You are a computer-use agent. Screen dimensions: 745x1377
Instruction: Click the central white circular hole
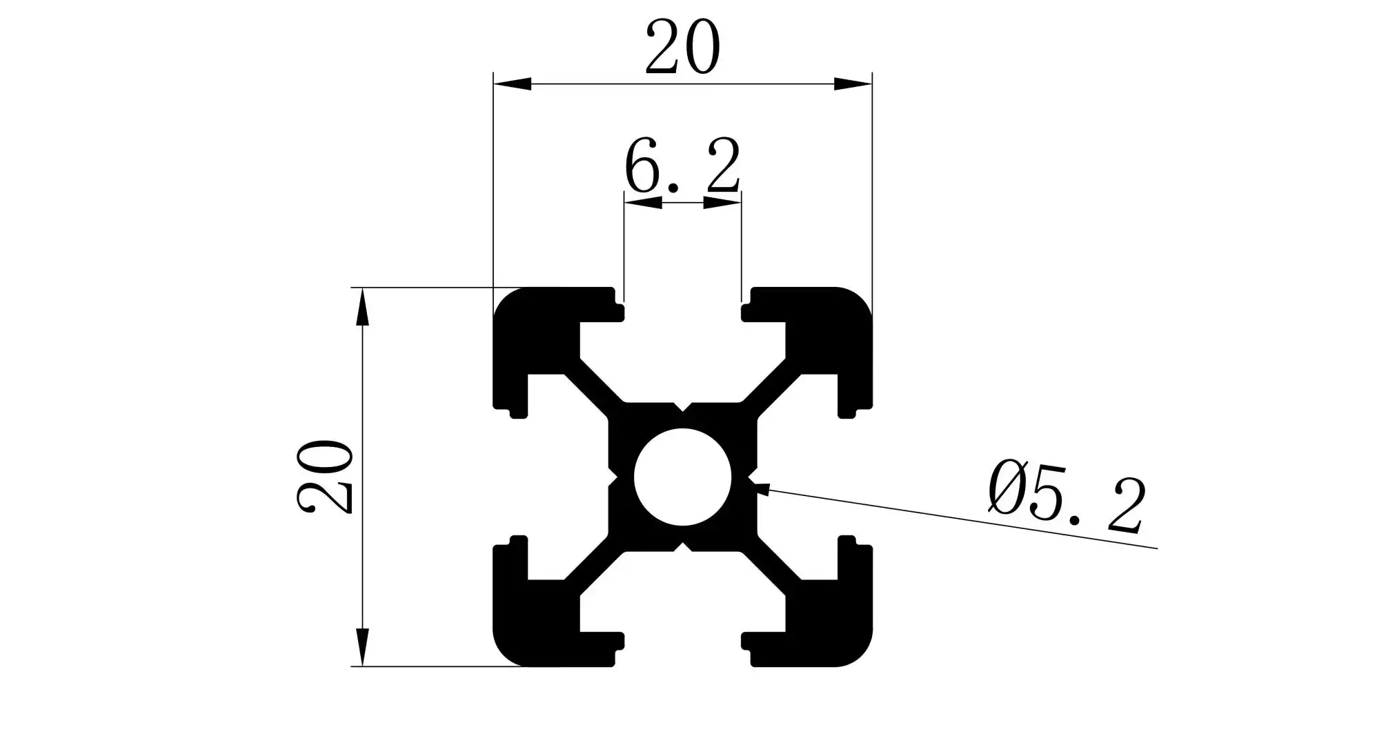tap(682, 477)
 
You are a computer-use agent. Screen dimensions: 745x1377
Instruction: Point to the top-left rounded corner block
tap(535, 328)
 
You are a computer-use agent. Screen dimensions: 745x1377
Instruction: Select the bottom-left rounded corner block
tap(535, 625)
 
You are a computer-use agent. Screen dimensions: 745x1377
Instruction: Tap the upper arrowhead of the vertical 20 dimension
tap(362, 307)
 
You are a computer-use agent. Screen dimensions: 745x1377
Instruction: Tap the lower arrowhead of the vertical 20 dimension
tap(362, 646)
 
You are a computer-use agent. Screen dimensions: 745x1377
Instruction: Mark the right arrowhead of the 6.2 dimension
tap(722, 203)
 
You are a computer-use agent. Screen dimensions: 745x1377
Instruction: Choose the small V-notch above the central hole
tap(682, 407)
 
